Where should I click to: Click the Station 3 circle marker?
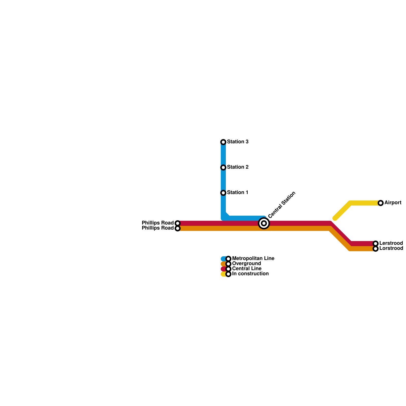(x=223, y=142)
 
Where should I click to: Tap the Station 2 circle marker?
(x=223, y=167)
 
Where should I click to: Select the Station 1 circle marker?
(x=223, y=193)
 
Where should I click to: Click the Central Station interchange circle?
(x=264, y=223)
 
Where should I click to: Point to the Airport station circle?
(x=381, y=203)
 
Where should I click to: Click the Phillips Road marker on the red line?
(x=178, y=223)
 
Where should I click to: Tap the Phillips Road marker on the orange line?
(x=178, y=228)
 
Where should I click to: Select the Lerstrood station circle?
(x=376, y=244)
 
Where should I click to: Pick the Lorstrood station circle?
(x=376, y=249)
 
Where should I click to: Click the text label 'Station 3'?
(x=238, y=142)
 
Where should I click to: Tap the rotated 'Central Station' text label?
(x=282, y=205)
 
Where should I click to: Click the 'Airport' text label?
(x=393, y=203)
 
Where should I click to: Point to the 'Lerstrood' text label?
(x=391, y=243)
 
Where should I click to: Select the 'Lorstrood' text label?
(x=391, y=248)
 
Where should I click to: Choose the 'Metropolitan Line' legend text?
(x=253, y=259)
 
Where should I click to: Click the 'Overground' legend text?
(x=246, y=264)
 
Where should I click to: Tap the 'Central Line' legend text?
(x=247, y=269)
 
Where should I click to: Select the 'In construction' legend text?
(x=250, y=274)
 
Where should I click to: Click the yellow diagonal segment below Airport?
(x=343, y=211)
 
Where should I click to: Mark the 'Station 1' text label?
(x=238, y=192)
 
